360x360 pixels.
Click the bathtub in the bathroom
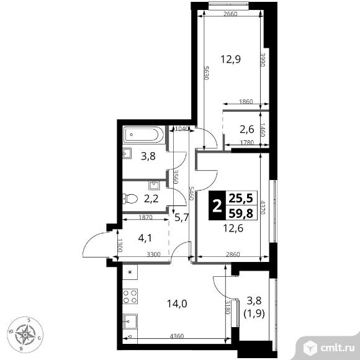144,135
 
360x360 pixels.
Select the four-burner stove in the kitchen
130,297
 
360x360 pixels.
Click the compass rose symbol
25,335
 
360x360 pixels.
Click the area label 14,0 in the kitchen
177,304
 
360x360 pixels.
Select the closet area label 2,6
247,130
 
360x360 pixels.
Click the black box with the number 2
216,205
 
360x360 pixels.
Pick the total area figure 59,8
241,214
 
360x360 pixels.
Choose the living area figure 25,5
241,198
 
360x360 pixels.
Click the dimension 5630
206,73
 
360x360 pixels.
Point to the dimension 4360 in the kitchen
177,336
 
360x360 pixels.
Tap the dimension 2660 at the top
230,14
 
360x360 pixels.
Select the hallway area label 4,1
145,238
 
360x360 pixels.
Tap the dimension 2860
233,254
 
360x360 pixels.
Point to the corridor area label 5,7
182,217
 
